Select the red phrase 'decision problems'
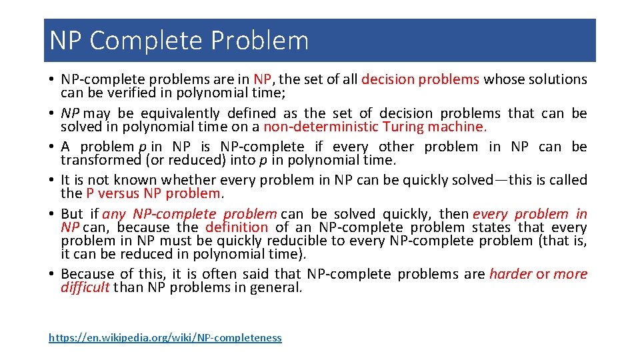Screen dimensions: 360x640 [x=420, y=79]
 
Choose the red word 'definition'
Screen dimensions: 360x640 [x=236, y=227]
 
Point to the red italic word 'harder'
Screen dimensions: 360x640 [x=511, y=274]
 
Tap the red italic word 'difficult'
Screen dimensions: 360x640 [x=85, y=287]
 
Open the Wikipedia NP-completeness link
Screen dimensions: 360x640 [x=165, y=338]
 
